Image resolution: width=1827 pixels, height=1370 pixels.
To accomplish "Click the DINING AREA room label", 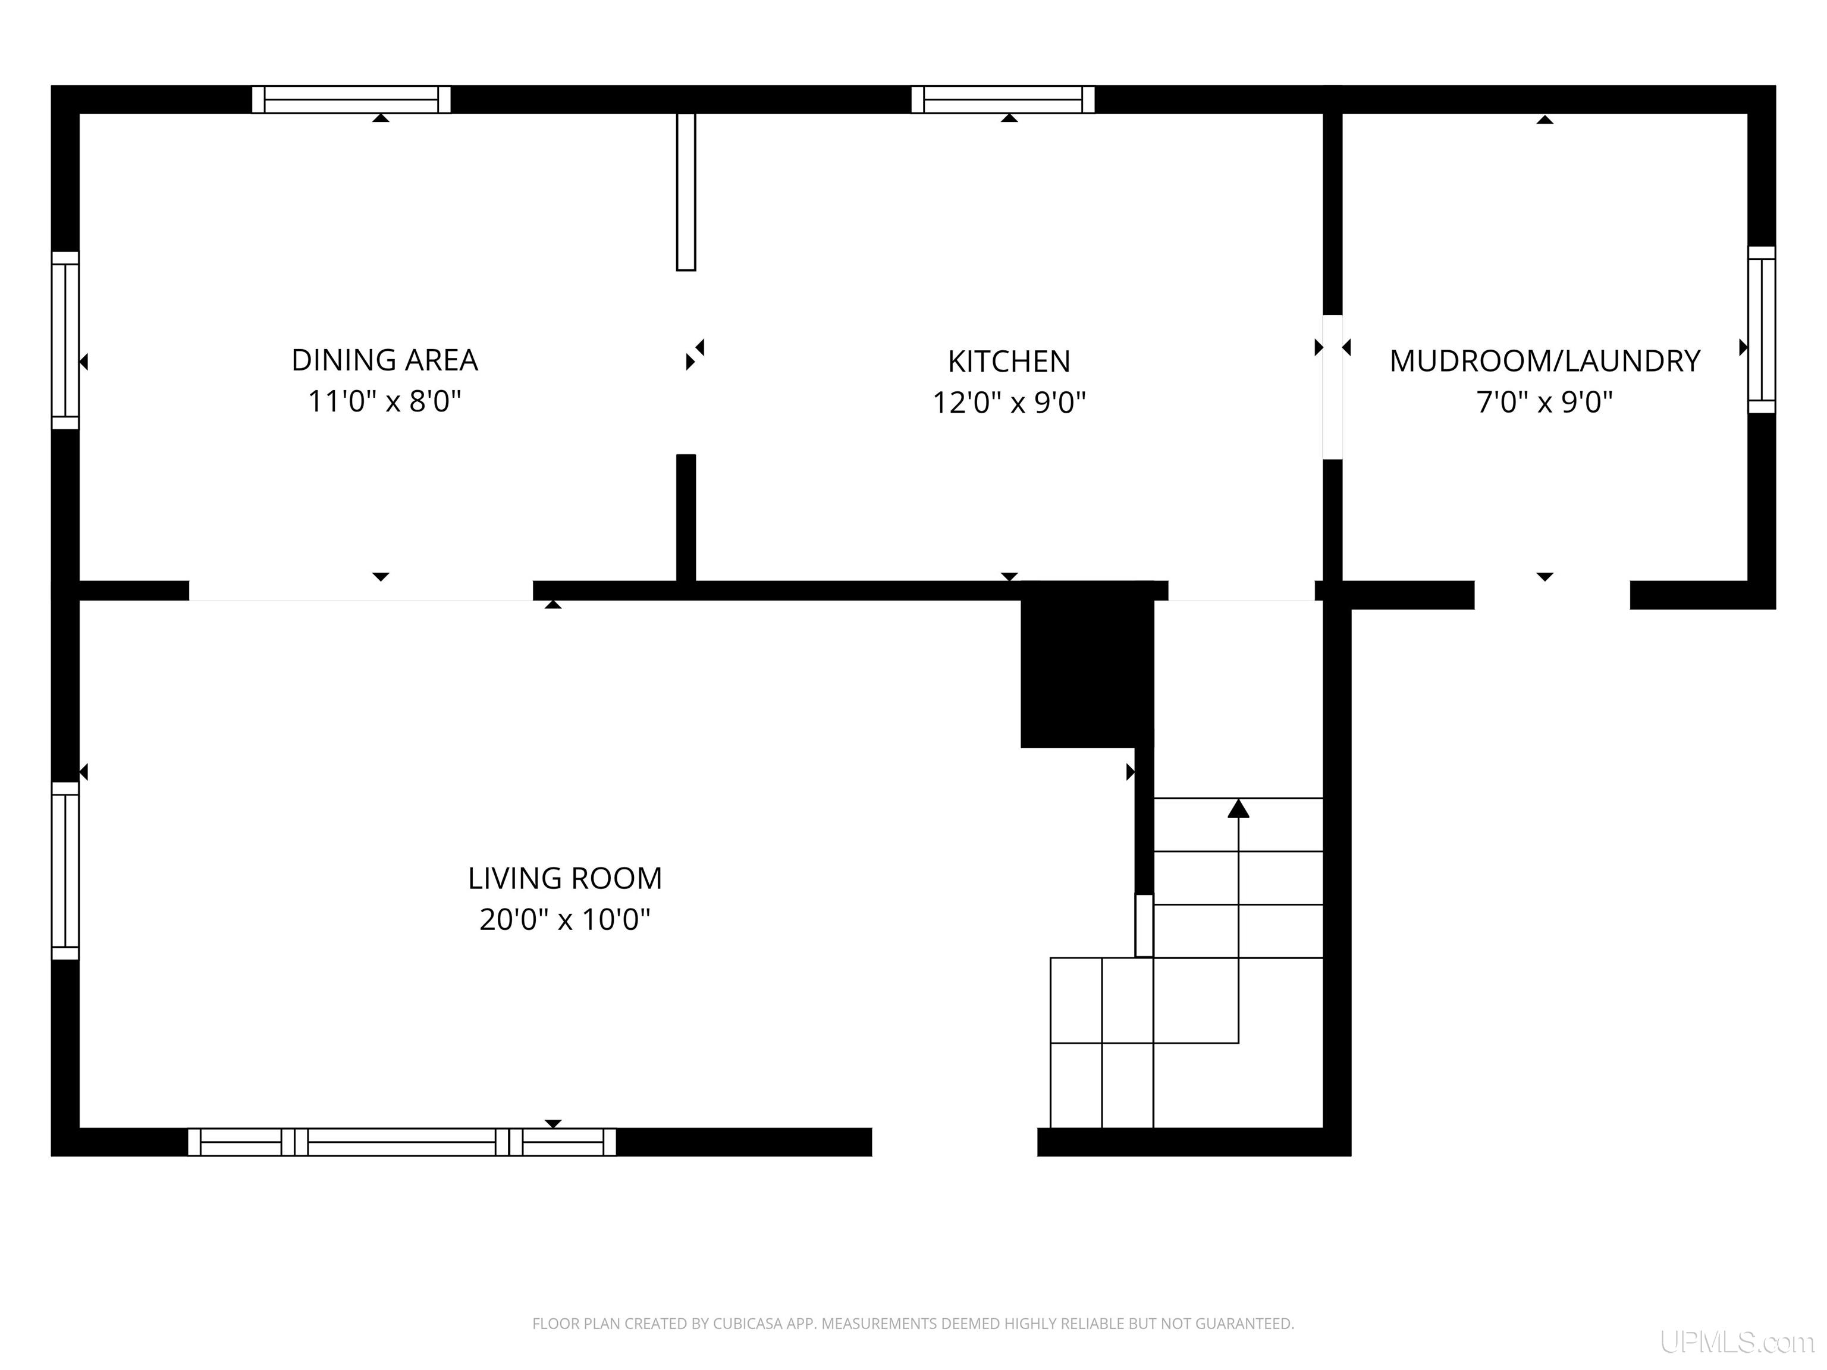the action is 384,360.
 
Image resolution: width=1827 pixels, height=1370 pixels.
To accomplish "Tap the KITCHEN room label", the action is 1009,362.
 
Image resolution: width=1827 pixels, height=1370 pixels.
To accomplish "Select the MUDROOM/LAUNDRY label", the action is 1545,362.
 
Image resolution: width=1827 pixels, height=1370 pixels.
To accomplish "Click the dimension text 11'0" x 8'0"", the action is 384,401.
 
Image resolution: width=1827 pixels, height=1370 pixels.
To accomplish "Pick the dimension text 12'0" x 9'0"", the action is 1009,403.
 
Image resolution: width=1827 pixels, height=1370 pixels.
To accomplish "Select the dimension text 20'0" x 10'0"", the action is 565,919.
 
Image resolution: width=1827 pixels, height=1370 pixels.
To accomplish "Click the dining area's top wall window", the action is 351,99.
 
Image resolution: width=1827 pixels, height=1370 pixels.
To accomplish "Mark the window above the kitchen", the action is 1003,99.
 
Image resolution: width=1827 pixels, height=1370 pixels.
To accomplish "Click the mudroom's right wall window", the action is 1761,329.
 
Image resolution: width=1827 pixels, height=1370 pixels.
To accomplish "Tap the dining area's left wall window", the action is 65,340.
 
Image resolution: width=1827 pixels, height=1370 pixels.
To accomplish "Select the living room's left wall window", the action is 65,871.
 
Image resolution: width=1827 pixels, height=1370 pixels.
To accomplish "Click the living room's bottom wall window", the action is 401,1142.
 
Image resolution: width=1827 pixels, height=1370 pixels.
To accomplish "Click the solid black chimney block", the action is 1087,665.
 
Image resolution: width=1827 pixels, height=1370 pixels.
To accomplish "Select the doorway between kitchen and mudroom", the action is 1332,387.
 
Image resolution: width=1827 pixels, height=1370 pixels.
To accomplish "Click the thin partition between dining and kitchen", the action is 686,191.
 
